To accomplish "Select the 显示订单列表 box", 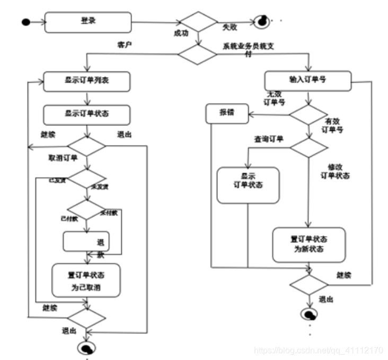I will (x=86, y=82).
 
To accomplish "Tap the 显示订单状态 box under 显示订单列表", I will (x=86, y=114).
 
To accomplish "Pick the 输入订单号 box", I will (x=307, y=80).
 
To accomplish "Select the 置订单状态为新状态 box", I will (x=309, y=245).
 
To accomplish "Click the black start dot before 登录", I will (x=25, y=22).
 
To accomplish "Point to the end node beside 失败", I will (x=261, y=22).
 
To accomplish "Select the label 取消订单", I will (x=63, y=158).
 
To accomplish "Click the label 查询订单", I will (x=268, y=140).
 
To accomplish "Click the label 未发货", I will (x=100, y=186).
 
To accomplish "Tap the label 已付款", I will (x=68, y=218).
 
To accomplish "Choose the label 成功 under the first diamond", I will (x=181, y=33).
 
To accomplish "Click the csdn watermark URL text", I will (x=318, y=350).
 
